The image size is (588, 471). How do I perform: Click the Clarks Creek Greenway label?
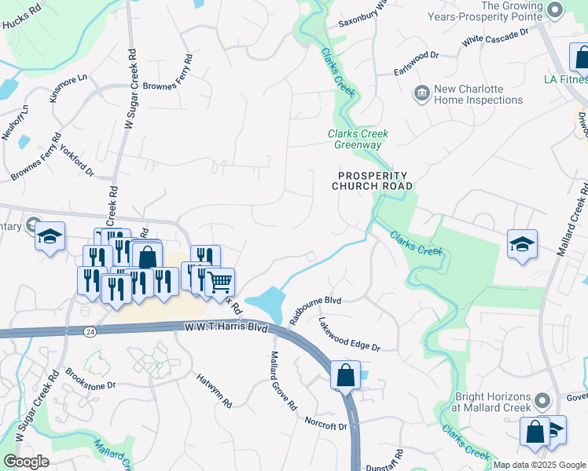click(358, 139)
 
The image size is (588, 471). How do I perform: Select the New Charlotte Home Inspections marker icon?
click(422, 94)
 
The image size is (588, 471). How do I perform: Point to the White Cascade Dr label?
click(497, 36)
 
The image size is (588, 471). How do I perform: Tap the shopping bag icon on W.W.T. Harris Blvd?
click(345, 375)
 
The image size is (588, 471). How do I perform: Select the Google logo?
click(26, 461)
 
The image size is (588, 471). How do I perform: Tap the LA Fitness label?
click(565, 79)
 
